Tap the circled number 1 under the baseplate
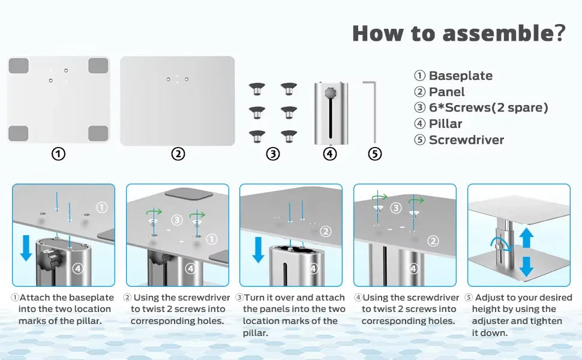[58, 154]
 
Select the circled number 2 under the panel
[178, 154]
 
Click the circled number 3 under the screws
[273, 154]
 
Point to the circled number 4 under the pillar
[329, 154]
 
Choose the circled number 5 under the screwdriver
[375, 154]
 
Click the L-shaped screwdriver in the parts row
[374, 112]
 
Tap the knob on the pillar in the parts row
[330, 92]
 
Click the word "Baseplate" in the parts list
[461, 76]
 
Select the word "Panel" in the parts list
[446, 92]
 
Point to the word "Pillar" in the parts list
[445, 124]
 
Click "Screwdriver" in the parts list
[466, 140]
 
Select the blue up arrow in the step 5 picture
[526, 238]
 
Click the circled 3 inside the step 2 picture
[176, 220]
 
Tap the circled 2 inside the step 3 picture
[326, 232]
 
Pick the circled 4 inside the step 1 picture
[77, 268]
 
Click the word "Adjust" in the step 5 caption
[489, 298]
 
